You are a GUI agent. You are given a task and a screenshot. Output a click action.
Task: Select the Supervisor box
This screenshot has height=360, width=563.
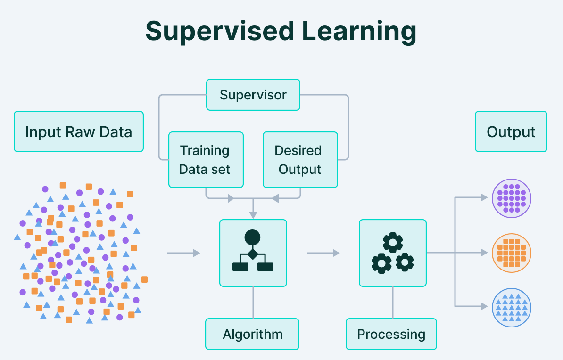coord(253,95)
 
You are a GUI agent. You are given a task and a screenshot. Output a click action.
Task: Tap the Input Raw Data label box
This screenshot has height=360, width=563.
coord(79,131)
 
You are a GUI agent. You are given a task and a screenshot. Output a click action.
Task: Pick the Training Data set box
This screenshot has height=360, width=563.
coord(206,160)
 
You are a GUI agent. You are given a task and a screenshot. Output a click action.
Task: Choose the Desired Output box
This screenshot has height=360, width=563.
coord(300,160)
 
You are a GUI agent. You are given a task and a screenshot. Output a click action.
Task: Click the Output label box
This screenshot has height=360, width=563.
coord(511,131)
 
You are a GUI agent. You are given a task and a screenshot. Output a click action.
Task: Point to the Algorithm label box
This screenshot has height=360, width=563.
coord(252,334)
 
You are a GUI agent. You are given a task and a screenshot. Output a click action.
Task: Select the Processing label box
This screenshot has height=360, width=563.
coord(391,334)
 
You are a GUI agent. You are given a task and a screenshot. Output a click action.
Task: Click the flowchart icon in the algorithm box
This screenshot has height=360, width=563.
coord(253,251)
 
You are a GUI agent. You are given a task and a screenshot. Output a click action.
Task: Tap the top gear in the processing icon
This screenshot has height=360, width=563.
coord(393,243)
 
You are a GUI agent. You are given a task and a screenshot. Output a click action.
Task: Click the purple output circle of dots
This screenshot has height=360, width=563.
coord(511,198)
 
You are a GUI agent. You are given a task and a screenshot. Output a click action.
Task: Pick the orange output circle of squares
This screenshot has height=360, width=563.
coord(511,253)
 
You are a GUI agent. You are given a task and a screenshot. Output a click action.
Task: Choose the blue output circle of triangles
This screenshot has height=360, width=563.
coord(511,308)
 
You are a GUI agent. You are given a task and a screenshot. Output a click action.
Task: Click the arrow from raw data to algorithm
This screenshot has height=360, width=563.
coord(183,253)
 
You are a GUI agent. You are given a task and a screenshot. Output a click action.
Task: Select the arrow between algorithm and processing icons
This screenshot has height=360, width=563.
coord(323,253)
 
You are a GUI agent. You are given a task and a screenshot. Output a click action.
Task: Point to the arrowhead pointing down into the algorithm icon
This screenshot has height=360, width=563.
coord(253,215)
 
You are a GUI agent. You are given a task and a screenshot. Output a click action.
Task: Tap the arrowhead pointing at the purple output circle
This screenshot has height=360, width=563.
coord(484,197)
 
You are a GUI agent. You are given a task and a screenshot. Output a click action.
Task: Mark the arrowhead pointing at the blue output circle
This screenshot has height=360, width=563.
coord(484,307)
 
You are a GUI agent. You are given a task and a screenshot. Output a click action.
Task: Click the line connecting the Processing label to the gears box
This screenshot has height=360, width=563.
coord(393,303)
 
